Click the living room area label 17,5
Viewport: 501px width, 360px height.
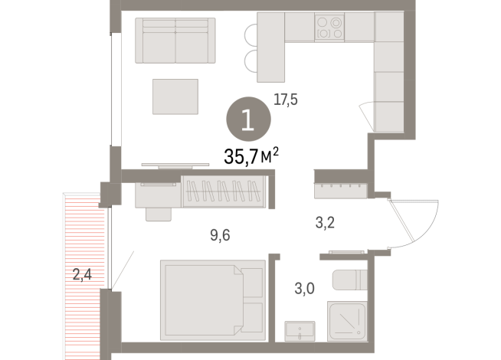286,98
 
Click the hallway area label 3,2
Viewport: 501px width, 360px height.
326,225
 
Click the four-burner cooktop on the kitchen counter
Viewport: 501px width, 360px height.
330,28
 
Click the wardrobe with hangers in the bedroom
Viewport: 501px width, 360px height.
226,191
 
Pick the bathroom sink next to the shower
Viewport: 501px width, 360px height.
300,332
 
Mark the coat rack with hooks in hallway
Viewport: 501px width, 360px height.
342,185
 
